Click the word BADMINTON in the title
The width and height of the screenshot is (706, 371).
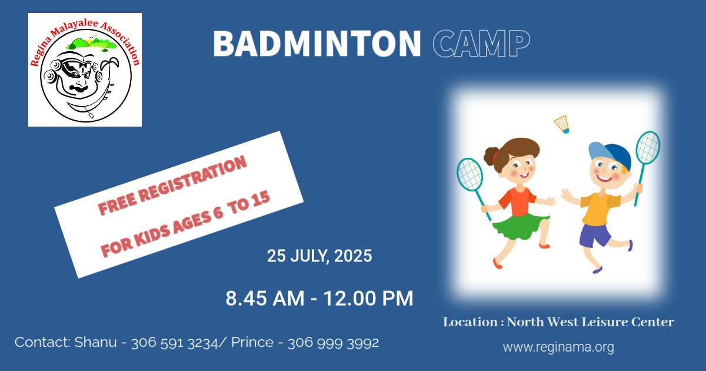pos(317,44)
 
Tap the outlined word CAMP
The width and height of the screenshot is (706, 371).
pos(481,44)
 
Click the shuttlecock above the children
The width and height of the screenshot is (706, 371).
pos(562,124)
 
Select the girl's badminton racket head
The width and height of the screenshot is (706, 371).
pos(469,174)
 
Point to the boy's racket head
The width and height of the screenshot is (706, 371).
pos(648,148)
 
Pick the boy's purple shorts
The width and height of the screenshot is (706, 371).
pos(594,236)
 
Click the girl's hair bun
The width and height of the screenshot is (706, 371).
pos(491,157)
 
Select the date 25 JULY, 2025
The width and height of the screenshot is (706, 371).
pos(319,256)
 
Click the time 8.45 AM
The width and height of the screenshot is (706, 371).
pos(265,299)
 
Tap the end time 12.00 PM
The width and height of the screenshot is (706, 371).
pos(368,299)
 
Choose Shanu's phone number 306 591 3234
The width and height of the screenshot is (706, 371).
pos(175,343)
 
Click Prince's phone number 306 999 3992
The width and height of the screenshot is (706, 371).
pos(333,343)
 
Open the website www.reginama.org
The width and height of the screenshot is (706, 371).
pos(558,347)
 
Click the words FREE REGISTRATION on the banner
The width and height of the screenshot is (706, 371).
pos(172,185)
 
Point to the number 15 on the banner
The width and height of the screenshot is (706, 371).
pos(260,200)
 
